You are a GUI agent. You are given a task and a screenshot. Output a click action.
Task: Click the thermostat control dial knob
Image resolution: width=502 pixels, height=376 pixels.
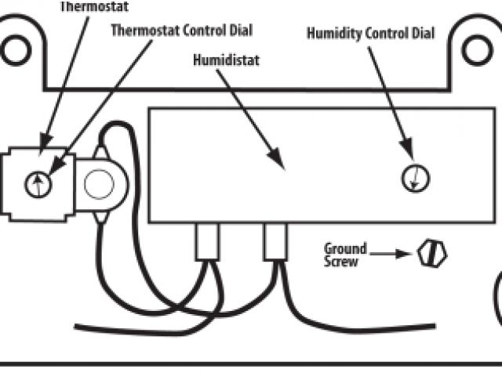38,185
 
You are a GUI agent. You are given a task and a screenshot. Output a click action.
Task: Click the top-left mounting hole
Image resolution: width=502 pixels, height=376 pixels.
15,49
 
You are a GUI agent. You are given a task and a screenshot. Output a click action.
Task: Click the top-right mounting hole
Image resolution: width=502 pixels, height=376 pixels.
477,49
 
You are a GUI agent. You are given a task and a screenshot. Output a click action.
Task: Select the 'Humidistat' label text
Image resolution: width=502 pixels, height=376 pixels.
226,60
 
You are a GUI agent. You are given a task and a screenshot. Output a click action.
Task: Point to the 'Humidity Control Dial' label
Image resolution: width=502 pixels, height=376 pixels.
369,34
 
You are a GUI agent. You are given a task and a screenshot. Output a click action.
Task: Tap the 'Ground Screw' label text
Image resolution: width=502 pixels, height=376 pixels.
342,255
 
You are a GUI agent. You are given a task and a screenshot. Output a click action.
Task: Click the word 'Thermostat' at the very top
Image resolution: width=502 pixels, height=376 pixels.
92,6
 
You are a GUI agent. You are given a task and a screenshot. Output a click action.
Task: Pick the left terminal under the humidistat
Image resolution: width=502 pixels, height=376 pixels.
208,240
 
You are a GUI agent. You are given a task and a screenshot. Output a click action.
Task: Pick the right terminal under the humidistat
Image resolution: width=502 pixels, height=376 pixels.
275,240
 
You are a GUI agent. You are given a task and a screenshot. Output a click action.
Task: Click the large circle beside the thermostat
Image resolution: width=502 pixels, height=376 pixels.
100,185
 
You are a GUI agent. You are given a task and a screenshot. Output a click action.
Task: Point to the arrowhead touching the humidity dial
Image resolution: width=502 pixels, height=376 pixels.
409,151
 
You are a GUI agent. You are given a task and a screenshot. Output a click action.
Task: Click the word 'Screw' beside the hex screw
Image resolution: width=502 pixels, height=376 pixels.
341,262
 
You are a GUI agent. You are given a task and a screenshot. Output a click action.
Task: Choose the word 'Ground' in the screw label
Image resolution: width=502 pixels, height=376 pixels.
342,249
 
